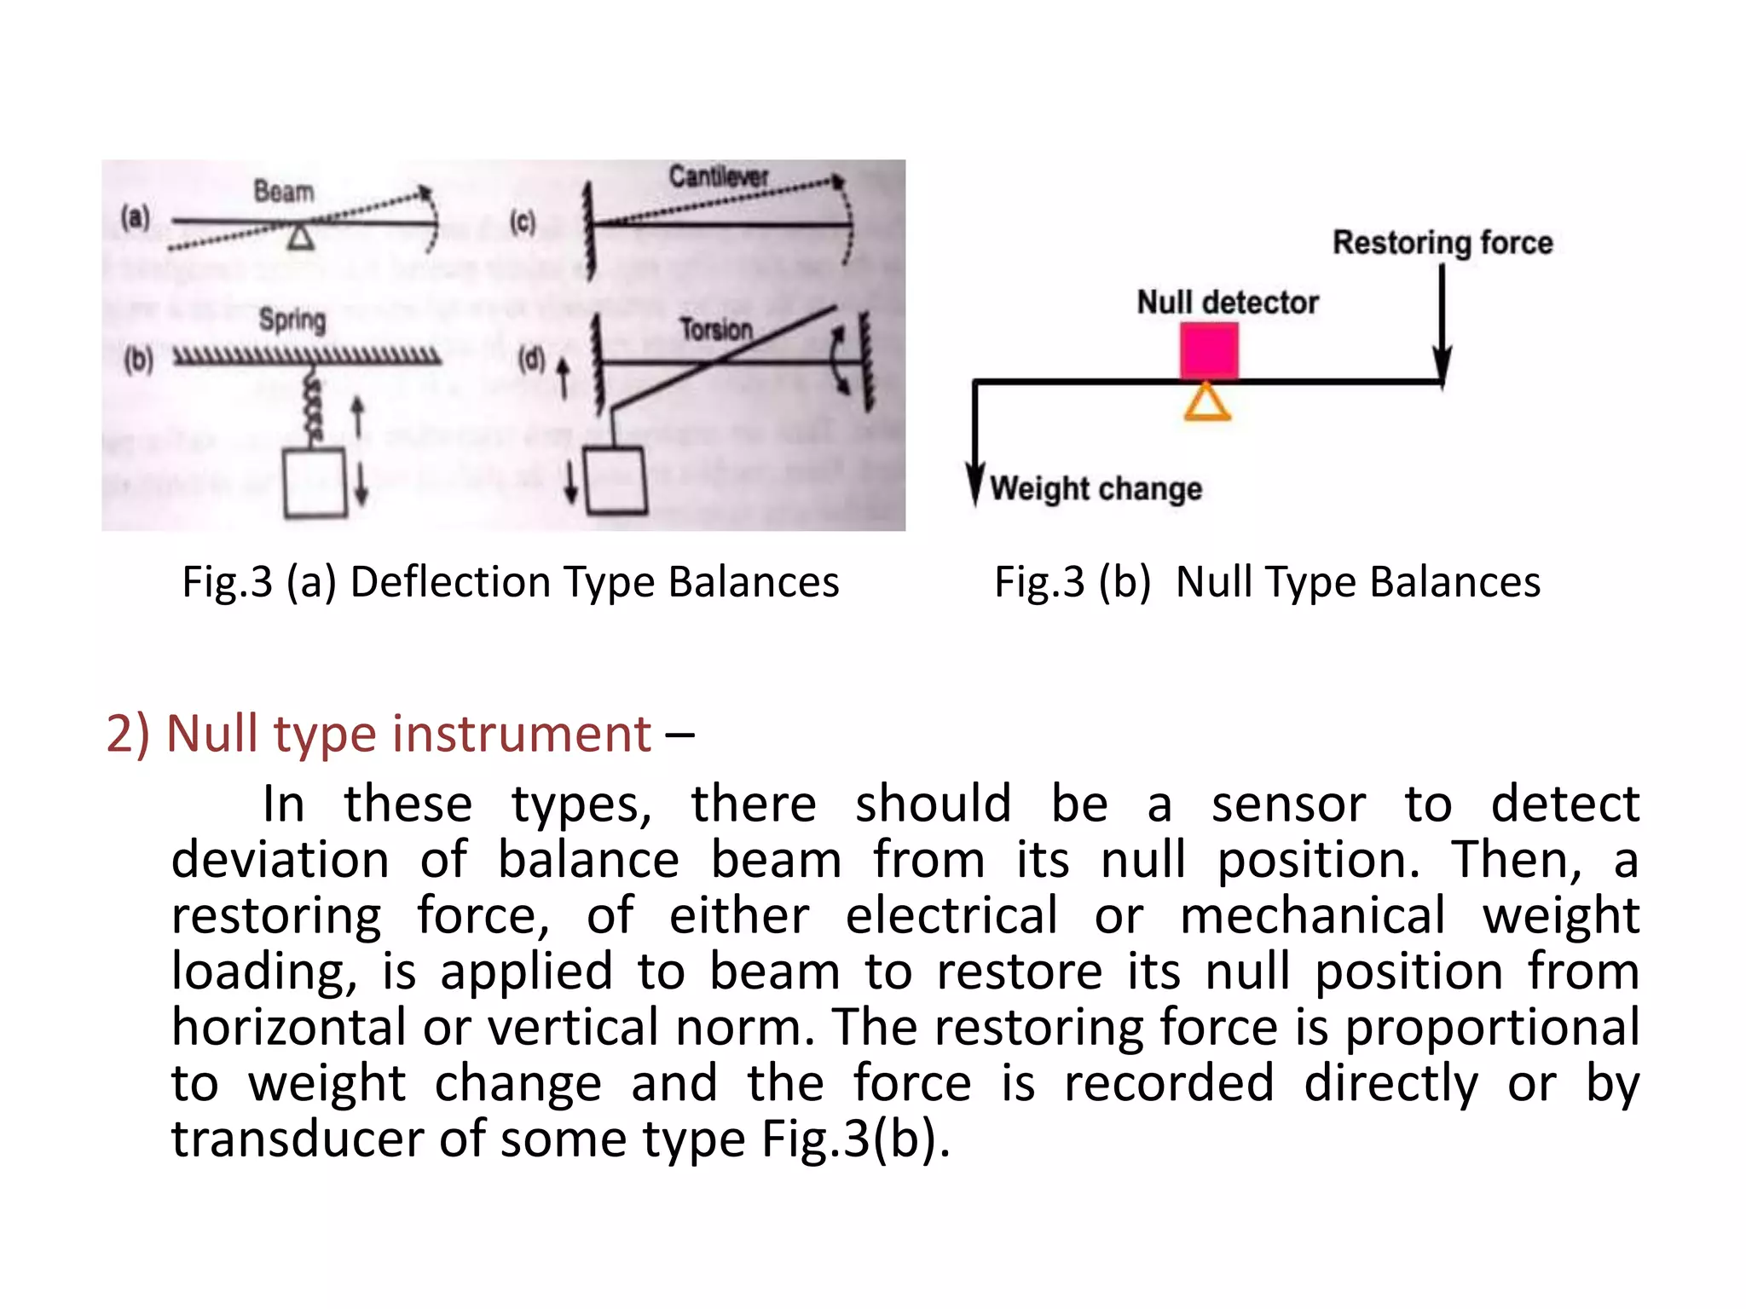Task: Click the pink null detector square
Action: click(1209, 350)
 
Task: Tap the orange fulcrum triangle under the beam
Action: click(1207, 403)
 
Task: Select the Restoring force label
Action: click(1442, 242)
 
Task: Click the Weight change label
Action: click(1096, 488)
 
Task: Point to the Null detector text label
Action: click(1228, 303)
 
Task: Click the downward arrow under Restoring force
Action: click(1442, 324)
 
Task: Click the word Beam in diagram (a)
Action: click(284, 192)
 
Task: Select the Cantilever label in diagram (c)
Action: click(718, 176)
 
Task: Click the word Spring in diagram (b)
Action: click(292, 320)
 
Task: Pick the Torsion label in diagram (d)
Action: click(715, 329)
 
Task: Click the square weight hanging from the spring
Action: click(315, 482)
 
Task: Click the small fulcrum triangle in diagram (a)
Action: click(300, 236)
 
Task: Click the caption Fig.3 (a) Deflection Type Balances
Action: click(511, 583)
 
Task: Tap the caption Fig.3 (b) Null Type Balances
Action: click(1267, 583)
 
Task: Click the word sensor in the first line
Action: click(1288, 804)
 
